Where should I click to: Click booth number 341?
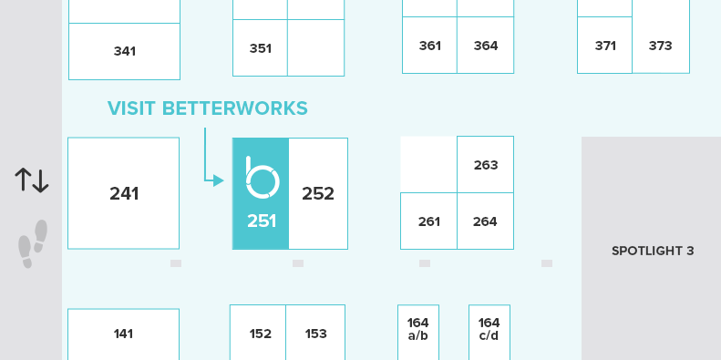[x=125, y=51]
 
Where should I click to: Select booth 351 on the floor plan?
[x=261, y=48]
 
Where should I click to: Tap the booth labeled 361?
[x=429, y=46]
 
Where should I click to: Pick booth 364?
[x=486, y=46]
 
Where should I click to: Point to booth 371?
[x=605, y=46]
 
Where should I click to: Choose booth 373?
[x=660, y=46]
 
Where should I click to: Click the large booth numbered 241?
[x=124, y=193]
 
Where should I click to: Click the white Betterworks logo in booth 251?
[x=261, y=179]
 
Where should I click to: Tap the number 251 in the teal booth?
[x=262, y=221]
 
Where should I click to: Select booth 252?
[x=318, y=193]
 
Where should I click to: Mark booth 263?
[x=486, y=165]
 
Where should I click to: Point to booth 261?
[x=429, y=221]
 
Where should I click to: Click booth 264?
[x=486, y=221]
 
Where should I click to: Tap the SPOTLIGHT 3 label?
[x=653, y=251]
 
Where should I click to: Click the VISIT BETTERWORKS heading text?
[x=208, y=108]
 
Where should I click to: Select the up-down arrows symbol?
[x=32, y=180]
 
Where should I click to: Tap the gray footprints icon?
[x=33, y=243]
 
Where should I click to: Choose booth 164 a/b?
[x=418, y=328]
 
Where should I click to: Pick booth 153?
[x=316, y=334]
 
